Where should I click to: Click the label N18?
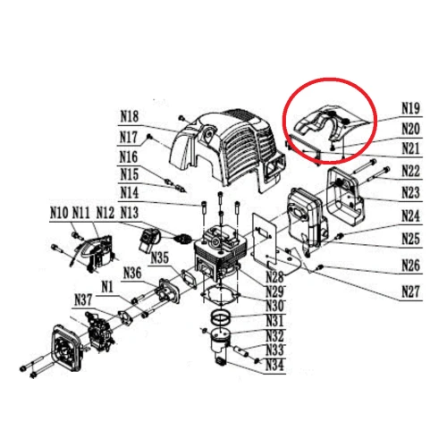coord(131,116)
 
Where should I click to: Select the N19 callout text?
coord(410,108)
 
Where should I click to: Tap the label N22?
coord(410,170)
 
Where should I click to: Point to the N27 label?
coord(410,290)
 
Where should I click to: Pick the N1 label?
coord(106,286)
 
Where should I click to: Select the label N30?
coord(275,306)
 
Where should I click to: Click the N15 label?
coord(131,173)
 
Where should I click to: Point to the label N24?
coord(410,215)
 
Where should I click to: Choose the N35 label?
coord(161,258)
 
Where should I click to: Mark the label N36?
coord(132,273)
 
